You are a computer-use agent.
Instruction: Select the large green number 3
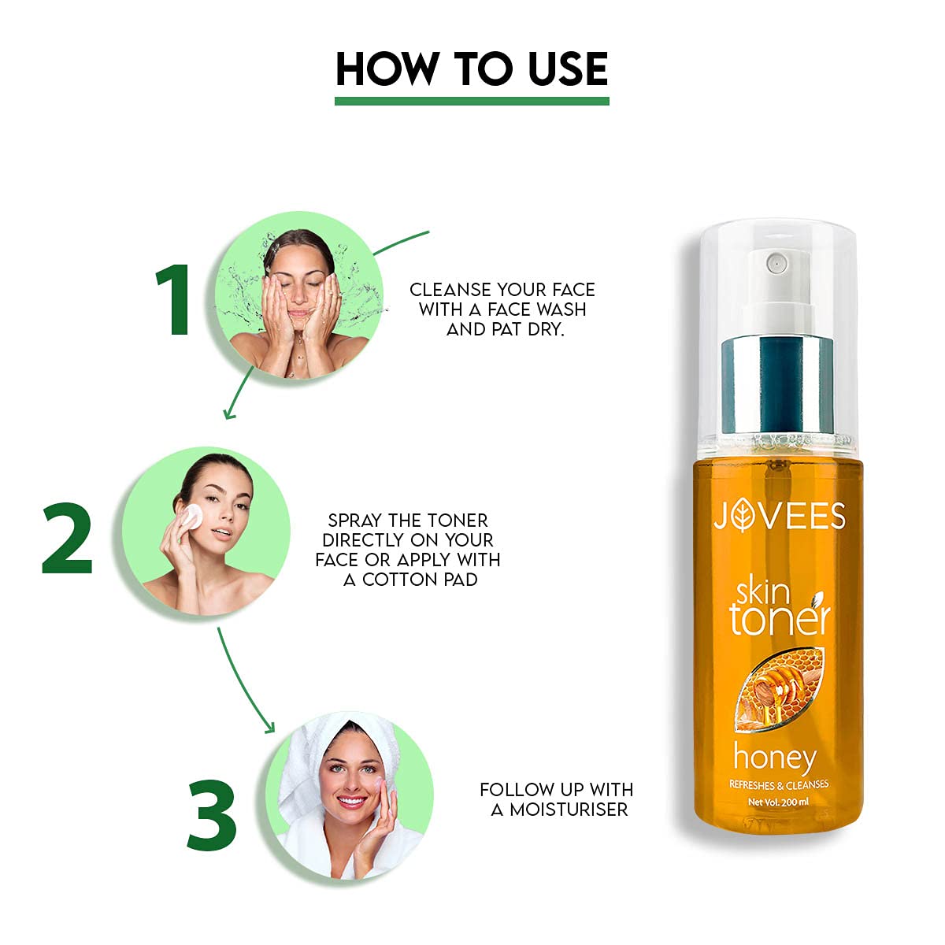pyautogui.click(x=213, y=815)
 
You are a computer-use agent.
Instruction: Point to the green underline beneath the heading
pyautogui.click(x=472, y=101)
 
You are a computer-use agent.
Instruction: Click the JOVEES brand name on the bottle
pyautogui.click(x=779, y=516)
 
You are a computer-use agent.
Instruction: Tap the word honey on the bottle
pyautogui.click(x=774, y=757)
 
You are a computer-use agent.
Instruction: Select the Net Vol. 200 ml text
pyautogui.click(x=778, y=802)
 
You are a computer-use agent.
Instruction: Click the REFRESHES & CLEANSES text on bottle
pyautogui.click(x=778, y=784)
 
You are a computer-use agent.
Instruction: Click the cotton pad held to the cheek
pyautogui.click(x=191, y=517)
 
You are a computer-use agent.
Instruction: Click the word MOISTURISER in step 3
pyautogui.click(x=569, y=810)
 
